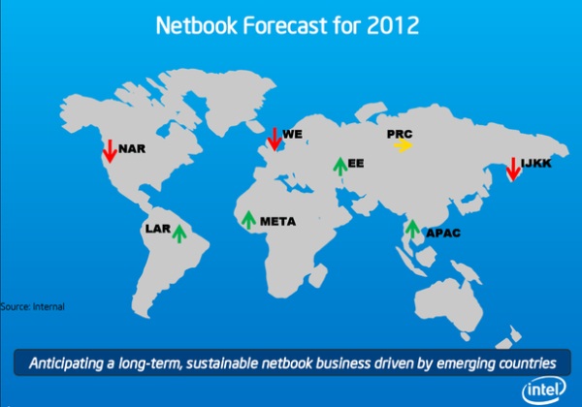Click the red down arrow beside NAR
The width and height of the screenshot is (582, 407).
(110, 151)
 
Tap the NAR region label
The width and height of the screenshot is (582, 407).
(132, 148)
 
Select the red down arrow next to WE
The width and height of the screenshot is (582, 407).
(275, 139)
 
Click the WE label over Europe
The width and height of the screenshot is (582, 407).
(293, 134)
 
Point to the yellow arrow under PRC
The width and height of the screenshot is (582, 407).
(404, 145)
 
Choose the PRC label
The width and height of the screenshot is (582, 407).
(400, 134)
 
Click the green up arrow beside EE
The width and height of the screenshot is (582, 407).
(340, 167)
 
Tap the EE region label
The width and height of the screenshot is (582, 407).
(356, 163)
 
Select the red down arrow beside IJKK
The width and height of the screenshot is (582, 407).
(513, 170)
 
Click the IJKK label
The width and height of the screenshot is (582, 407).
(536, 163)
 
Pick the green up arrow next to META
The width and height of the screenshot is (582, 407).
(248, 220)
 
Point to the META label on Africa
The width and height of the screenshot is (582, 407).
(277, 221)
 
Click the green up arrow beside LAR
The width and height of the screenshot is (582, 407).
(179, 234)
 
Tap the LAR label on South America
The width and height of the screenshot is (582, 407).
(158, 229)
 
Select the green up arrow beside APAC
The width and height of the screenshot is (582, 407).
(412, 229)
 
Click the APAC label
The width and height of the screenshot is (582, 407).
(443, 233)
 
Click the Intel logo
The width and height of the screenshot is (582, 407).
(544, 390)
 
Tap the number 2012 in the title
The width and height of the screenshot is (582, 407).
(393, 25)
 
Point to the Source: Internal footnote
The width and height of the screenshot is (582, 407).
(32, 306)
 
